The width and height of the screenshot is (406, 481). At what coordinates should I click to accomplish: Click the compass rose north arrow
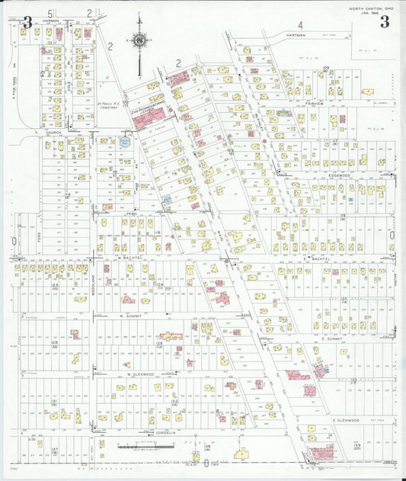pos(140,41)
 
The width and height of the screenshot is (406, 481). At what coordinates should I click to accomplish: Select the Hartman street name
pos(296,36)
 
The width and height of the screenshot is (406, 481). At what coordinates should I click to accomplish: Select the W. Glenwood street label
pos(140,374)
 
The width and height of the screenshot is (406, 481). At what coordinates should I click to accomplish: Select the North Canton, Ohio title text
pos(372,7)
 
